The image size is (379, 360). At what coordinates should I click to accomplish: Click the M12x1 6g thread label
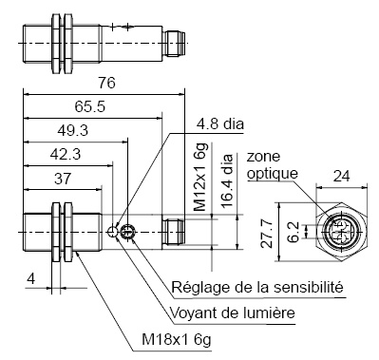point(200,180)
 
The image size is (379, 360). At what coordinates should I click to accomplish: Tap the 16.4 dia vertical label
point(225,180)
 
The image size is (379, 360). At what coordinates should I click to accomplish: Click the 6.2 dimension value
point(295,230)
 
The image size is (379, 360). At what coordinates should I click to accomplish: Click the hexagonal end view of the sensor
point(338,231)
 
